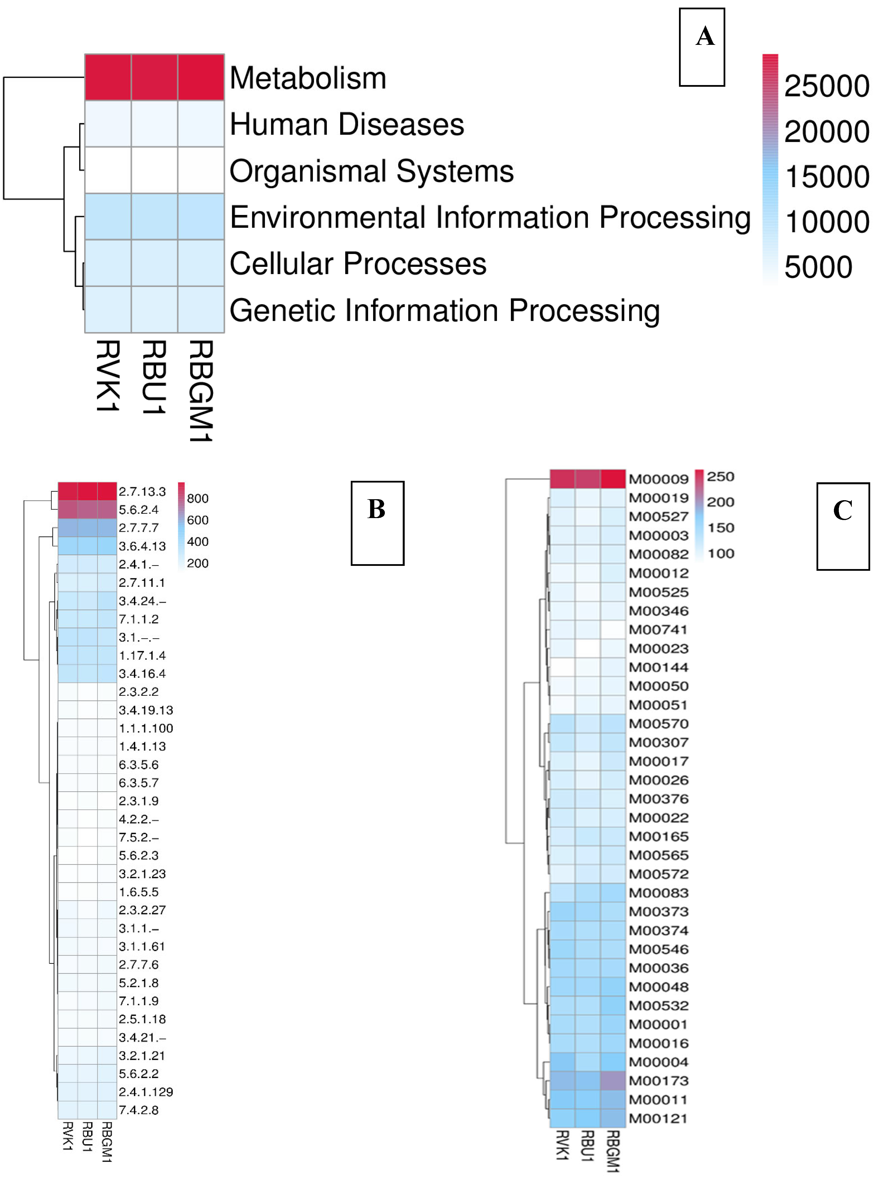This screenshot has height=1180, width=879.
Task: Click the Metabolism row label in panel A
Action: pyautogui.click(x=308, y=78)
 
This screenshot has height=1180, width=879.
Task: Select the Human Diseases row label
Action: pyautogui.click(x=347, y=124)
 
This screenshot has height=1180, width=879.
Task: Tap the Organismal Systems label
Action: pyautogui.click(x=371, y=171)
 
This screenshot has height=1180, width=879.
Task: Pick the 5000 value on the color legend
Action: pyautogui.click(x=818, y=267)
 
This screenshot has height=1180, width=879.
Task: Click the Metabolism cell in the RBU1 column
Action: pyautogui.click(x=154, y=77)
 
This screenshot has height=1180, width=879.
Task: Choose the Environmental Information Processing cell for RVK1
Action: pyautogui.click(x=108, y=217)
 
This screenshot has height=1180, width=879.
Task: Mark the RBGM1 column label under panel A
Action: pyautogui.click(x=201, y=391)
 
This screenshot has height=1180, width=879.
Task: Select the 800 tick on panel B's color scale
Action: pyautogui.click(x=197, y=498)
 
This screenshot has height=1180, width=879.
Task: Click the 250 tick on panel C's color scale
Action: pyautogui.click(x=720, y=477)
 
